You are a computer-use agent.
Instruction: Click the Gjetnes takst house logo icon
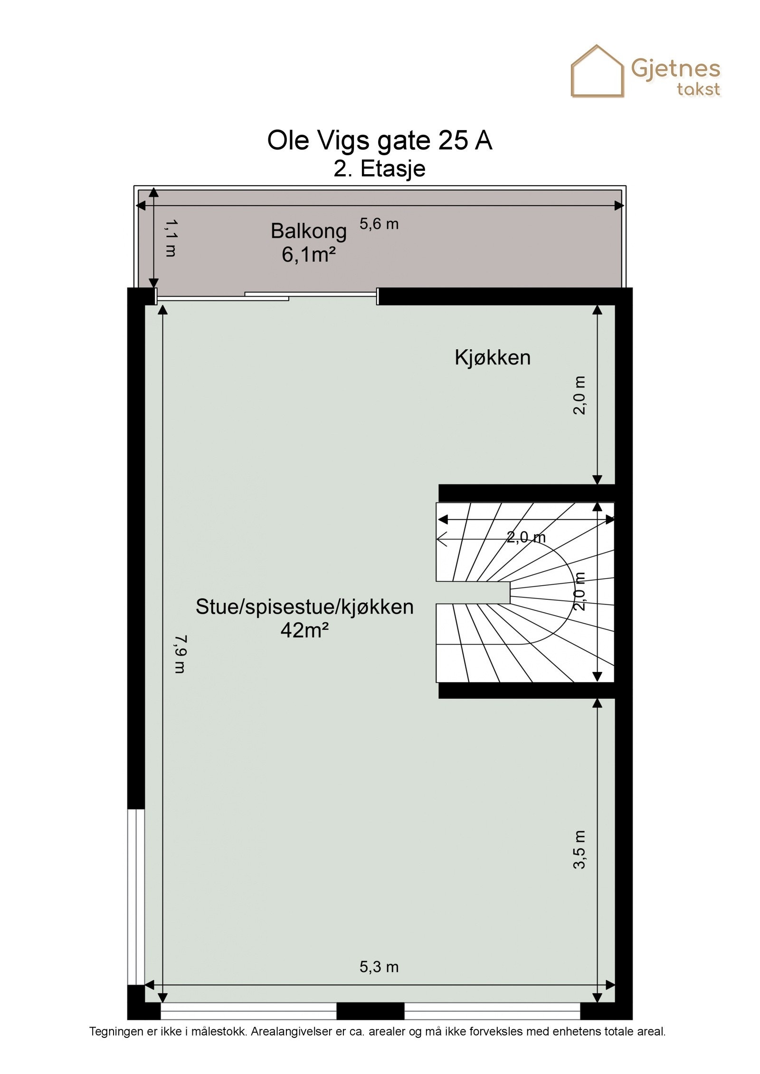tap(597, 72)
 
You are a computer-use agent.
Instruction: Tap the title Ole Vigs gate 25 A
tap(379, 140)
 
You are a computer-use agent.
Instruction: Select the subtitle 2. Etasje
tap(379, 169)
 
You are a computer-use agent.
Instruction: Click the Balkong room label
tap(308, 232)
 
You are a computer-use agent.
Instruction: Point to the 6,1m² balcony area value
tap(308, 255)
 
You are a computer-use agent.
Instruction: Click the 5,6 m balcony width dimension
tap(379, 224)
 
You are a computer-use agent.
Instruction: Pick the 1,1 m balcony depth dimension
tap(171, 238)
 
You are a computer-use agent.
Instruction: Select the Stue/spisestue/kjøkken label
tap(304, 607)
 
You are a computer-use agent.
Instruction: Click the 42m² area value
tap(304, 630)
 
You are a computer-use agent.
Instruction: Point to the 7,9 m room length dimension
tap(180, 654)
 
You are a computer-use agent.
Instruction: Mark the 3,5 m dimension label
tap(579, 850)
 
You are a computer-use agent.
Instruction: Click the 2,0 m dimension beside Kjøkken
tap(579, 395)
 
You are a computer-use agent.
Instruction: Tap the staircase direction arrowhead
tap(441, 540)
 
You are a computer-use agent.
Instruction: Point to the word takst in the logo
tap(698, 89)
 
